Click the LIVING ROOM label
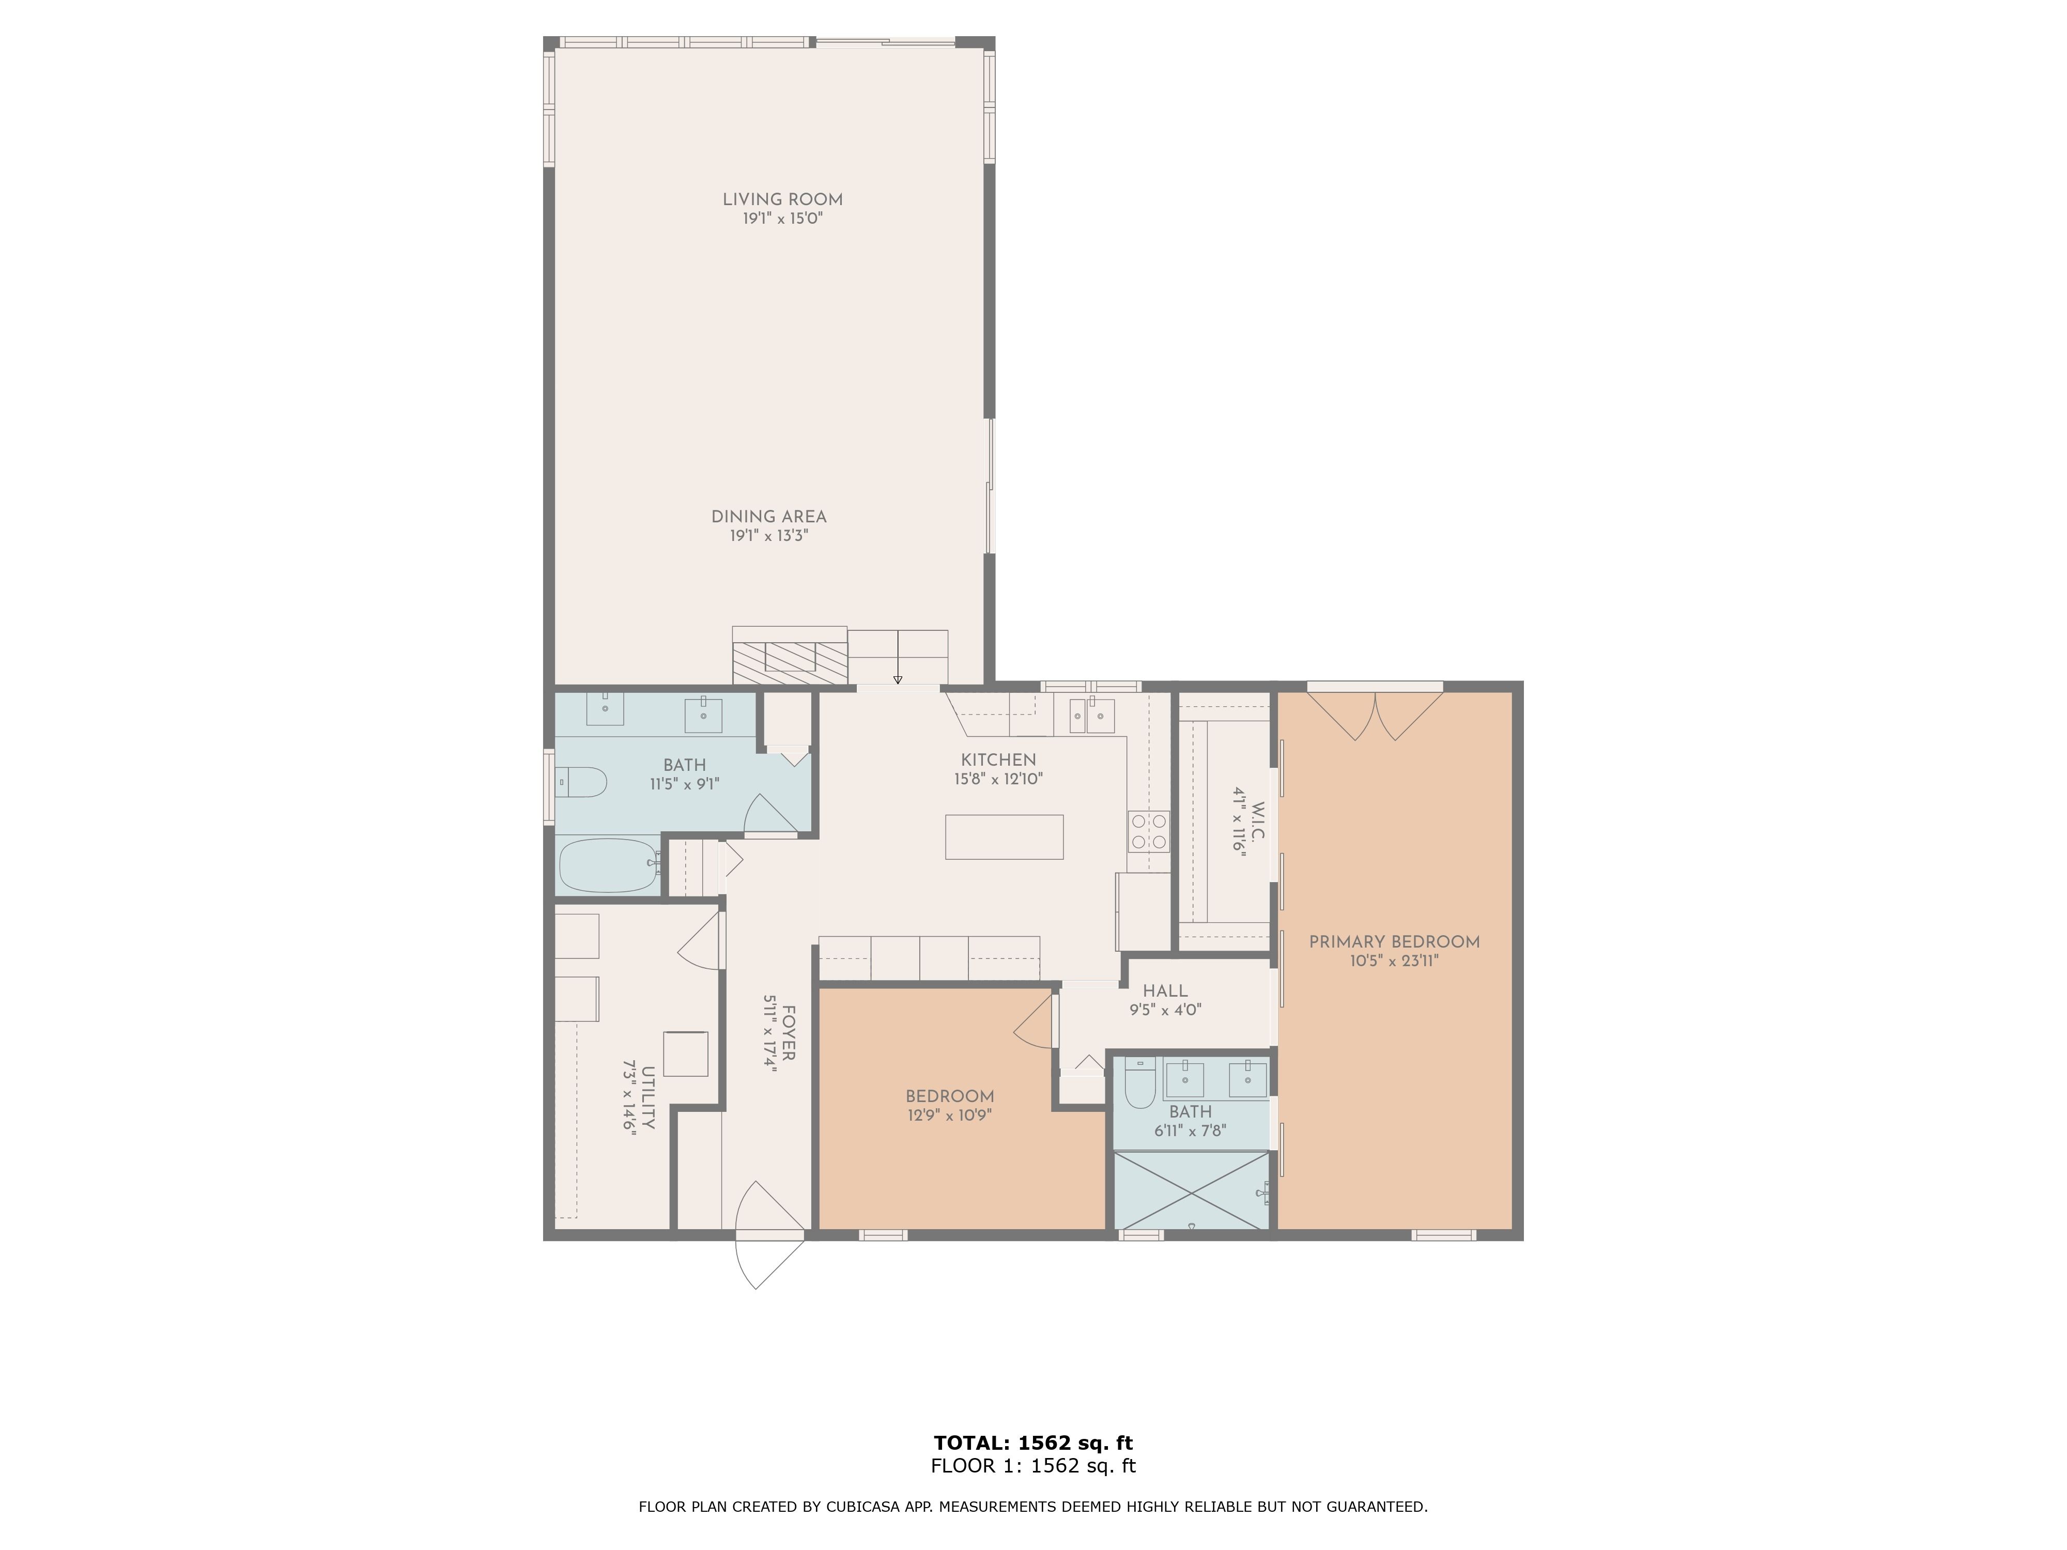coord(782,199)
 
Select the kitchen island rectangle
coord(1004,836)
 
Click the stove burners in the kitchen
coord(1148,831)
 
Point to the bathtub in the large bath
coord(607,865)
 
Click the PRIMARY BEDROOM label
coord(1393,942)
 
